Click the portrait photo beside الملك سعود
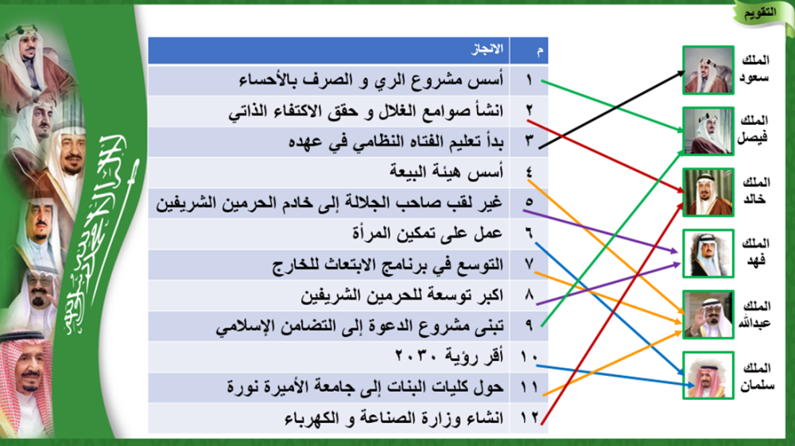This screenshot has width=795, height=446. (x=708, y=70)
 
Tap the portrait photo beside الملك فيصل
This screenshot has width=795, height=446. (x=708, y=130)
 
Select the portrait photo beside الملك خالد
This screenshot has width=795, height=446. (x=708, y=192)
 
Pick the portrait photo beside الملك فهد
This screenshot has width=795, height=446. (x=708, y=254)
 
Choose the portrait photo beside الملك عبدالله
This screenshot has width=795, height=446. (x=708, y=315)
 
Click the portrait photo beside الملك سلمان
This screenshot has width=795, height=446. (x=708, y=375)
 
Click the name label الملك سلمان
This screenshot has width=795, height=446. (x=757, y=377)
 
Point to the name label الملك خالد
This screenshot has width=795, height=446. (x=755, y=191)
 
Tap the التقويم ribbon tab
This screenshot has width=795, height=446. (x=760, y=14)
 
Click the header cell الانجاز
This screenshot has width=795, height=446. (x=487, y=49)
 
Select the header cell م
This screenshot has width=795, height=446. (x=540, y=51)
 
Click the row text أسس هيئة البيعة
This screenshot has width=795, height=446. (x=447, y=173)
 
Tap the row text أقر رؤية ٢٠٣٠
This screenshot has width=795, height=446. (x=449, y=356)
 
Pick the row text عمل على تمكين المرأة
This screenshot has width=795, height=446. (x=428, y=233)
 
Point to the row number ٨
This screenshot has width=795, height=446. (x=529, y=294)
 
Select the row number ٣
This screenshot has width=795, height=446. (x=529, y=141)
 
